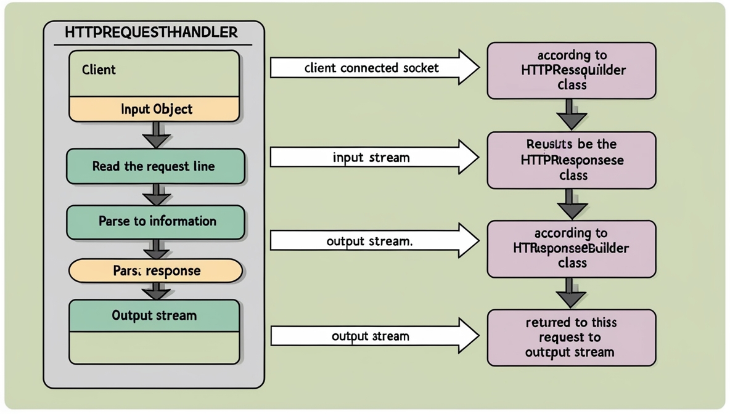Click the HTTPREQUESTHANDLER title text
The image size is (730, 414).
[152, 32]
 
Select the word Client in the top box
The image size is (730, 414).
[99, 70]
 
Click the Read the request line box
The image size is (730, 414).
[155, 166]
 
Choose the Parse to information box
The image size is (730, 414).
[155, 221]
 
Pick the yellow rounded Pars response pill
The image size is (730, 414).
[155, 271]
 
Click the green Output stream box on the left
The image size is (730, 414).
[154, 316]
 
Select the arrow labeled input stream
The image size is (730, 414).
[374, 158]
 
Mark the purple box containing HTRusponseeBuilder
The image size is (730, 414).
[571, 248]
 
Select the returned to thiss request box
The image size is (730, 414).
[571, 338]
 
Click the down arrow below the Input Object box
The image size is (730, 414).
[157, 135]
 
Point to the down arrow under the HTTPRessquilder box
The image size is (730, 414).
[571, 115]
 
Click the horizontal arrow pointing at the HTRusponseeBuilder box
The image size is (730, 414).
[374, 241]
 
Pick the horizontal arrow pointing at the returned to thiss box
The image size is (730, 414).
[374, 336]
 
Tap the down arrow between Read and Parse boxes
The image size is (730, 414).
[157, 195]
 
